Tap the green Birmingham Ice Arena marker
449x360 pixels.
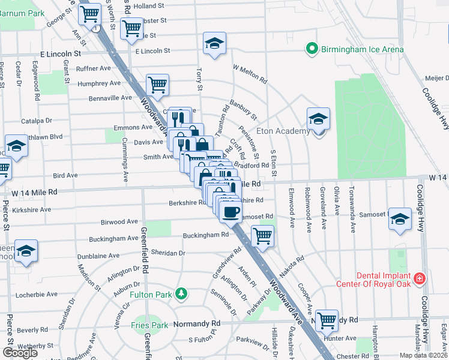(312, 48)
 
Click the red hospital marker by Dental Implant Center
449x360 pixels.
(419, 279)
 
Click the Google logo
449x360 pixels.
(20, 353)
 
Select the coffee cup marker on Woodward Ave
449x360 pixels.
(231, 211)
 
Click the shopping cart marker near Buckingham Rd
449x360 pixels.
(262, 236)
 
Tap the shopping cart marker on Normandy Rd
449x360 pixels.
(327, 320)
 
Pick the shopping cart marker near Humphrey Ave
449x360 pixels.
(157, 85)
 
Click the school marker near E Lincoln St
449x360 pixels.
(214, 43)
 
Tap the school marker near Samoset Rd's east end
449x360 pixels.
(400, 218)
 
